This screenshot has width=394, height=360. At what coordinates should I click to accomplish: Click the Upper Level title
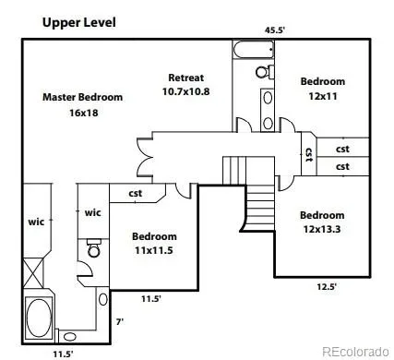tap(79, 23)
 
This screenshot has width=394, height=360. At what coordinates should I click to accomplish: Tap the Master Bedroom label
tap(82, 97)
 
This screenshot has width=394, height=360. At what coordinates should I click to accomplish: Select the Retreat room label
tap(186, 78)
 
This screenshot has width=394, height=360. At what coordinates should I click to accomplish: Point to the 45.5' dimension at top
tap(275, 30)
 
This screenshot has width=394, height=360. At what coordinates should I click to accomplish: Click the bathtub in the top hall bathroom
tap(254, 50)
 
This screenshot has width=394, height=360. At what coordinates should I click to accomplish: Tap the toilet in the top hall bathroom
tap(265, 72)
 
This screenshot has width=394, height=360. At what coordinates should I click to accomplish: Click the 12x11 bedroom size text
tap(323, 96)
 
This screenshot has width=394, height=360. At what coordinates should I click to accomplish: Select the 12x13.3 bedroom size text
tap(322, 229)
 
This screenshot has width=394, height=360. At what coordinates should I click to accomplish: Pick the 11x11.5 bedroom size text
tap(154, 250)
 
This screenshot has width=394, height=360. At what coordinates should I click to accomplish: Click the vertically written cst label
tap(309, 155)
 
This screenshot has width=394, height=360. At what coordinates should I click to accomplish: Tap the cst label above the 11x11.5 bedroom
tap(136, 193)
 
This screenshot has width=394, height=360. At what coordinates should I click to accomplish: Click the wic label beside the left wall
tap(36, 222)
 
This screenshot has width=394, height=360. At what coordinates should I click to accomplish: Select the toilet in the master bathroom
tap(94, 247)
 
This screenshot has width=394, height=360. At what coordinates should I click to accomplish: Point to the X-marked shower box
tap(33, 273)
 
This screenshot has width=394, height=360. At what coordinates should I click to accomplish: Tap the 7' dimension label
tap(120, 322)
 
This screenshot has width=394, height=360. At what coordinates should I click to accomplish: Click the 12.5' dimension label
tap(327, 287)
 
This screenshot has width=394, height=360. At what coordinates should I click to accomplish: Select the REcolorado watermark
tap(355, 352)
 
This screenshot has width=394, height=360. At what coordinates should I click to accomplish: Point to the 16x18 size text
tap(84, 113)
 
